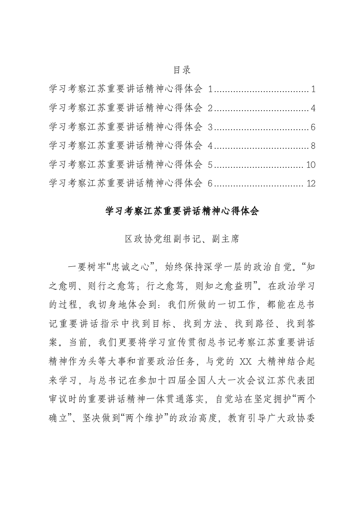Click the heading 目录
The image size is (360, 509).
pyautogui.click(x=182, y=70)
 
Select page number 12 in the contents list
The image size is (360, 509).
pyautogui.click(x=311, y=184)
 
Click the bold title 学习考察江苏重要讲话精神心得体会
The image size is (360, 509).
pyautogui.click(x=182, y=211)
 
